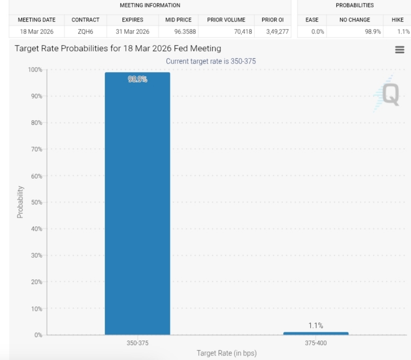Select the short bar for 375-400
pos(315,333)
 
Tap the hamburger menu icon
pos(399,50)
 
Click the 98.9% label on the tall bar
pos(137,79)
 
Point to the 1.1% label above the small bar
pos(315,325)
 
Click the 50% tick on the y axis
pos(36,202)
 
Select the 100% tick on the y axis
pos(35,70)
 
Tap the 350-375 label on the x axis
pos(137,343)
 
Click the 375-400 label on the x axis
pos(315,343)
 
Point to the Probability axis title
pos(21,202)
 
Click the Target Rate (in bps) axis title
pos(226,353)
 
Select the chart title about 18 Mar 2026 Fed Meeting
pos(118,49)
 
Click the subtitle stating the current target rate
pos(211,61)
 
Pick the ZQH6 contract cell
pos(85,32)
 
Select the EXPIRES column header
pos(132,20)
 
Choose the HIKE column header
pos(397,20)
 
